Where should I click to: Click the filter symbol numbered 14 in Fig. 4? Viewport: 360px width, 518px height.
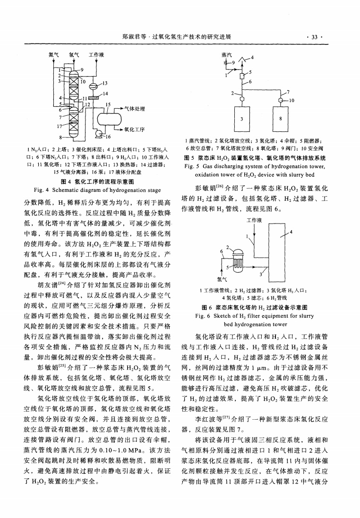click(93, 98)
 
